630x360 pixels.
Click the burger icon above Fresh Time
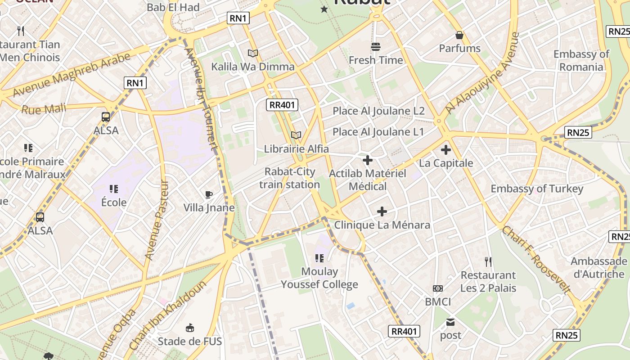point(376,46)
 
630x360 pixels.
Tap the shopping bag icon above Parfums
point(459,35)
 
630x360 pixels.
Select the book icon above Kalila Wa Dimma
point(253,54)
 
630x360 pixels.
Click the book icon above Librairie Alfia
point(296,135)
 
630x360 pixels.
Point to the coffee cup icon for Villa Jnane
point(209,194)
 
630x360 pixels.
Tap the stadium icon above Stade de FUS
point(190,328)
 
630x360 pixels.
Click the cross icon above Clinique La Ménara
point(382,211)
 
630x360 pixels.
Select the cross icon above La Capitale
point(446,150)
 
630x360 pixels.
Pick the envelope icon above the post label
point(450,322)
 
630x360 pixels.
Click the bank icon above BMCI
point(438,288)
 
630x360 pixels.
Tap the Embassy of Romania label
point(581,60)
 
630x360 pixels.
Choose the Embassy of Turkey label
point(537,189)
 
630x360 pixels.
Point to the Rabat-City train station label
point(290,178)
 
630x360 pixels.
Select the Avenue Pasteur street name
point(157,220)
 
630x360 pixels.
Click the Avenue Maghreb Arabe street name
point(72,75)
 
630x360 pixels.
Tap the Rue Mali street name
point(44,109)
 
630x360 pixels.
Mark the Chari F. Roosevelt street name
point(536,260)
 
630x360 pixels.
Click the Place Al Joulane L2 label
point(378,111)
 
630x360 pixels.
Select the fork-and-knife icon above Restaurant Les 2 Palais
point(488,261)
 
